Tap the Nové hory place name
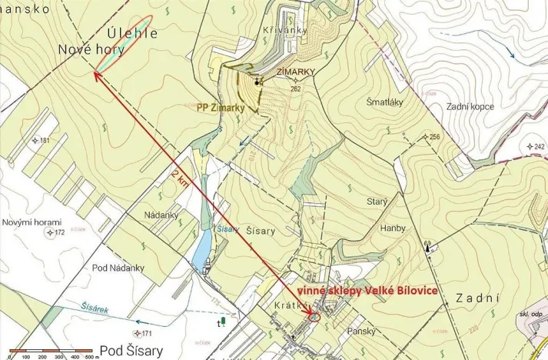coord(89,50)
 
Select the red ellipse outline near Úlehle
coord(124,45)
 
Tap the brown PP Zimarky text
coord(220,108)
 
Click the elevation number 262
coord(296,88)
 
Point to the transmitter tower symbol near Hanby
coord(429,247)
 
